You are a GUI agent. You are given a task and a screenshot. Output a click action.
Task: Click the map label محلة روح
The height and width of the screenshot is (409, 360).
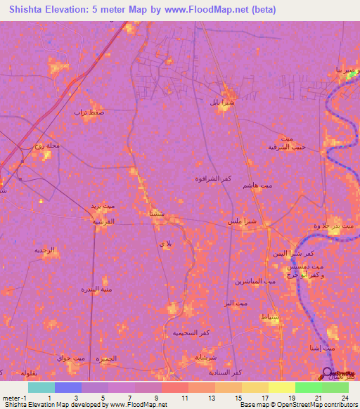pos(49,145)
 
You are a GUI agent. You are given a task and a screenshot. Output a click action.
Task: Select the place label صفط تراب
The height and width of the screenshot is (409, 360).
pos(89,112)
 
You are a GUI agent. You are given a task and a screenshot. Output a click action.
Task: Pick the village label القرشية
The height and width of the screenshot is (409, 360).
pos(104,221)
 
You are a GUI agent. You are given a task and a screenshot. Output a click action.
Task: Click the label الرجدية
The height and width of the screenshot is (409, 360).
pos(49,249)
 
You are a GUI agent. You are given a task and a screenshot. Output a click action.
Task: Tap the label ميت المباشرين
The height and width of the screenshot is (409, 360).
pos(247,281)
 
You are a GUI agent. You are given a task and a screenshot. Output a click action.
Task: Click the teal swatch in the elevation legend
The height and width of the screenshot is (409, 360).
pos(41,387)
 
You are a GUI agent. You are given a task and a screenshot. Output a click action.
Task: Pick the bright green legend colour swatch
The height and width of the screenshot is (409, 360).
pos(309,387)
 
